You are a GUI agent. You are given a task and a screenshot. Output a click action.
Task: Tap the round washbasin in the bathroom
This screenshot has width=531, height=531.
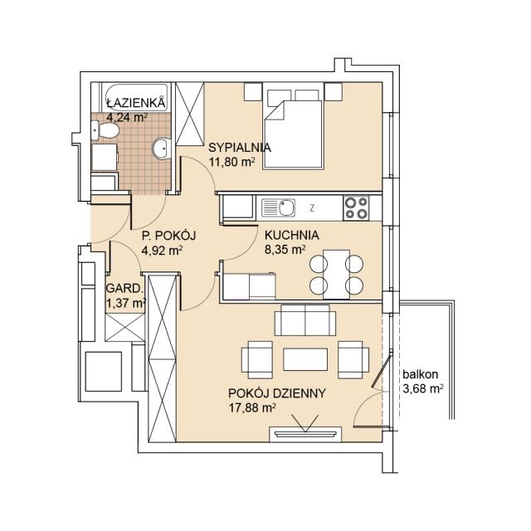(x=162, y=149)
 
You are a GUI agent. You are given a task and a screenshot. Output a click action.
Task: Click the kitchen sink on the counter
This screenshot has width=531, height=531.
(x=279, y=208)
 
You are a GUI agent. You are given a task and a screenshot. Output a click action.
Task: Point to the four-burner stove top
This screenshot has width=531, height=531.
(x=356, y=208)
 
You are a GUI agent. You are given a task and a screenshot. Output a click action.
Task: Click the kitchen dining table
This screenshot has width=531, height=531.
(x=336, y=275)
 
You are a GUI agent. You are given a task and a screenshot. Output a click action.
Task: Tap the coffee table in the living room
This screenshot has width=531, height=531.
(x=305, y=359)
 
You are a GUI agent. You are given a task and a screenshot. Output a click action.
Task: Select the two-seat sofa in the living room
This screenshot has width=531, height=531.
(x=305, y=320)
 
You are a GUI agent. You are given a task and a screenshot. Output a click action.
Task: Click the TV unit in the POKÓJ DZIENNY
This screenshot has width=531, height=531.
(x=305, y=434)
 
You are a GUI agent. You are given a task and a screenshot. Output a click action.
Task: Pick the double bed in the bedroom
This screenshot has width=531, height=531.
(x=293, y=129)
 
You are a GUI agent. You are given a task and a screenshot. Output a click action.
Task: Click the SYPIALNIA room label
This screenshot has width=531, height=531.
(x=240, y=148)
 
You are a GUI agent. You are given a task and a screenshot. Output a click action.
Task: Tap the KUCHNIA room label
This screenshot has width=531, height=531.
(x=291, y=235)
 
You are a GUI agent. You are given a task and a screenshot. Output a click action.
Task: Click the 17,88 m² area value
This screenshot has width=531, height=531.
(x=252, y=407)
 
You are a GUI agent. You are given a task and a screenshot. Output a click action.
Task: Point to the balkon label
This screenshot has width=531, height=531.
(x=421, y=374)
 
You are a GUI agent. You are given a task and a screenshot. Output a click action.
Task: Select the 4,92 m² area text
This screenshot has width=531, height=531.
(x=163, y=251)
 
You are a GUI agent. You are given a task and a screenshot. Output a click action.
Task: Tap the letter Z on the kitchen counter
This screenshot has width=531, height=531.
(x=312, y=208)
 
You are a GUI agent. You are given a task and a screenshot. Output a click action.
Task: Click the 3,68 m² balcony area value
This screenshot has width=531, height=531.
(x=423, y=388)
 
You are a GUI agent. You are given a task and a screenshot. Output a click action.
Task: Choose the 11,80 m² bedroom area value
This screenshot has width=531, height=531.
(x=231, y=163)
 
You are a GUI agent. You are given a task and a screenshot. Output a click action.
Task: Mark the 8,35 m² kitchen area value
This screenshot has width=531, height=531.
(x=285, y=250)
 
